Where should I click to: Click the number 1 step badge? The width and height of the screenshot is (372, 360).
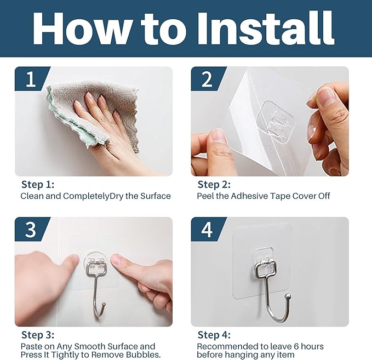[30, 79]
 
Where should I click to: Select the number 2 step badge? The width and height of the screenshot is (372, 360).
[207, 79]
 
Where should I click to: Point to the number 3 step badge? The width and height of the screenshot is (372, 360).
[30, 230]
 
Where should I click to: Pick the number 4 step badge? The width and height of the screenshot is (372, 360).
[207, 230]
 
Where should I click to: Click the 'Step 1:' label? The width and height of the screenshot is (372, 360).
[38, 185]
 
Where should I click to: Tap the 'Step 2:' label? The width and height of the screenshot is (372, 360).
[214, 185]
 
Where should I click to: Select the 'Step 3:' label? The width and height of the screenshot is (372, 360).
[38, 335]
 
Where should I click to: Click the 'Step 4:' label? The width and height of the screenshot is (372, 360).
[214, 335]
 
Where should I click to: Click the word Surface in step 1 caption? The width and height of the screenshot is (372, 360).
[154, 196]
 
